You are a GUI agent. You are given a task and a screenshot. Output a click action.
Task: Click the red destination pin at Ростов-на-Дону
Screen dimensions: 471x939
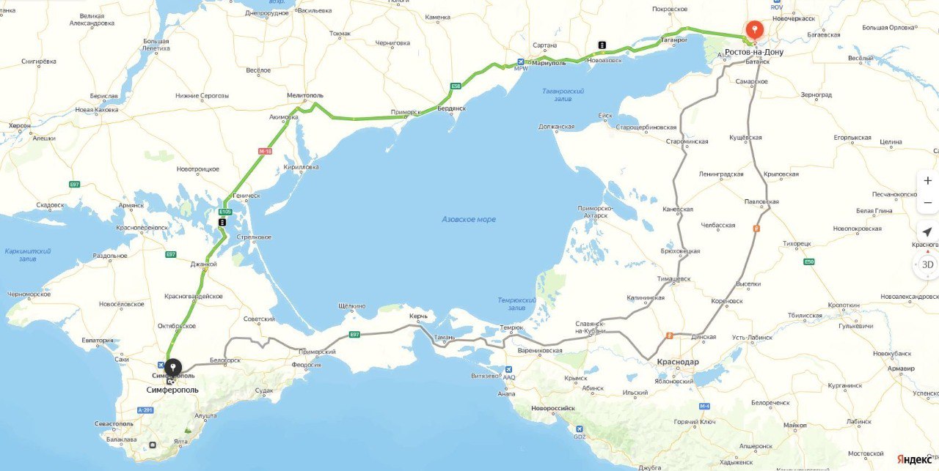tap(754, 30)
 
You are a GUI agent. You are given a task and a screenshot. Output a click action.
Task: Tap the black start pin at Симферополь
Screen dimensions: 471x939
tap(172, 368)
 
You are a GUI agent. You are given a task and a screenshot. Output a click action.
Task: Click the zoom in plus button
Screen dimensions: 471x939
tap(927, 181)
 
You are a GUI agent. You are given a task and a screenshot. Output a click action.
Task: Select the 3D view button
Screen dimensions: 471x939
tap(927, 264)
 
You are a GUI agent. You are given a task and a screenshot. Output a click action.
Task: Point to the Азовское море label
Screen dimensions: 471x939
tap(469, 219)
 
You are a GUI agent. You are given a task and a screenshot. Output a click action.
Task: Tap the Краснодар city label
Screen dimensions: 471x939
tap(678, 362)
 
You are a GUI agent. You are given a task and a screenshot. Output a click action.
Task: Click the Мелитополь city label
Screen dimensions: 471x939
tap(304, 95)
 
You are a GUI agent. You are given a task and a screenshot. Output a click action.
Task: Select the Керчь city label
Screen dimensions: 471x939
tap(418, 316)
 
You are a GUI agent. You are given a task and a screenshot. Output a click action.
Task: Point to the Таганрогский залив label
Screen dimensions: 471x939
tap(563, 94)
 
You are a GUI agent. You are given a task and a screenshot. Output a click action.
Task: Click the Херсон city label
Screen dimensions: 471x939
tap(20, 125)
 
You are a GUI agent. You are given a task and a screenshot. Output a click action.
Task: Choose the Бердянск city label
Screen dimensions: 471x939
tap(451, 108)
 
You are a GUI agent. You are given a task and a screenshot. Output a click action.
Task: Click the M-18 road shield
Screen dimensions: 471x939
tap(265, 152)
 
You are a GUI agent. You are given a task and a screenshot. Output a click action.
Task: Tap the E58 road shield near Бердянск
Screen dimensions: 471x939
tap(456, 86)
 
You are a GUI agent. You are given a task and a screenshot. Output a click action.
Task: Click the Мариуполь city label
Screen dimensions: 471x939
tap(549, 63)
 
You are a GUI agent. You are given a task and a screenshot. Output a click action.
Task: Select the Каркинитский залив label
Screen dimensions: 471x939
tap(26, 254)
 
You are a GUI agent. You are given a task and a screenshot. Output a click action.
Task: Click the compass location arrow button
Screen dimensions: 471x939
tap(927, 232)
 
